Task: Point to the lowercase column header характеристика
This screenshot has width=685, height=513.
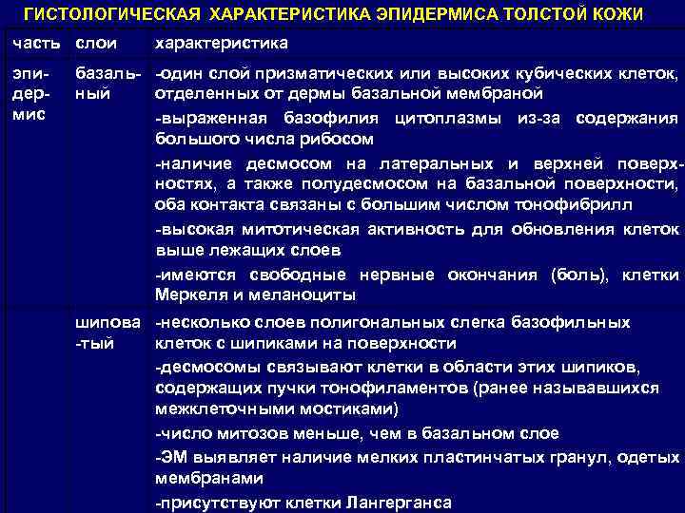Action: click(222, 45)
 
